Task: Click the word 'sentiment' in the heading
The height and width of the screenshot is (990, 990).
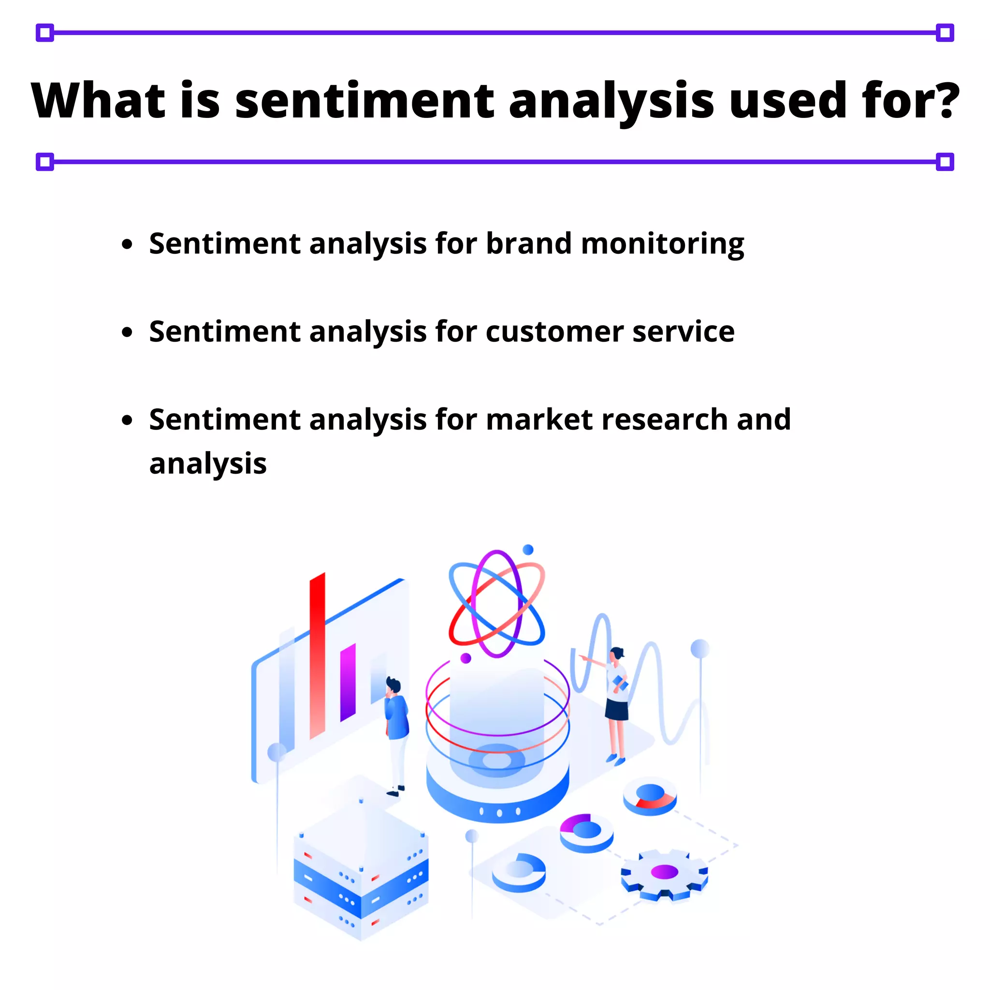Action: [364, 101]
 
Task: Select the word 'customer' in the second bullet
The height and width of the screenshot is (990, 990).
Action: [554, 332]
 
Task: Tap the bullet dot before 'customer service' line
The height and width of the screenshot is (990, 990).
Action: [127, 332]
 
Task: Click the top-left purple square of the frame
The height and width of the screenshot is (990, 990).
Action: [45, 33]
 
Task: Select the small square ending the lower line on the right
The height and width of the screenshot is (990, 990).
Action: [945, 162]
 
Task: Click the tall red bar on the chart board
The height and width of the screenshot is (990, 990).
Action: [317, 656]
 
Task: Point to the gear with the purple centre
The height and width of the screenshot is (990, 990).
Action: [665, 873]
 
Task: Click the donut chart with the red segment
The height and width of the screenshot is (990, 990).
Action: [650, 796]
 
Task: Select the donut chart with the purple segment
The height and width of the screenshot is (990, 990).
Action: [586, 831]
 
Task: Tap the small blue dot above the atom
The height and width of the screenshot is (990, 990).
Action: [528, 549]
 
